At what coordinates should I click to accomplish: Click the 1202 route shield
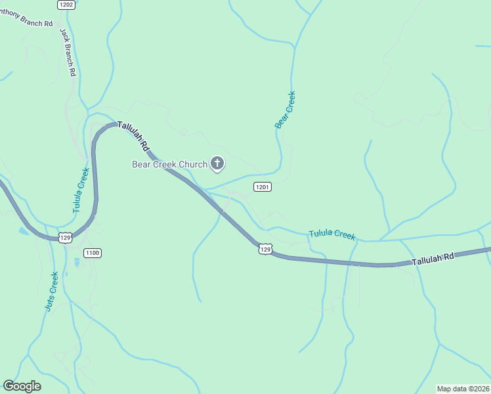point(66,5)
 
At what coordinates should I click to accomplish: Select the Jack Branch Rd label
point(69,52)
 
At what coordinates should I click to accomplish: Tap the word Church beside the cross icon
point(193,164)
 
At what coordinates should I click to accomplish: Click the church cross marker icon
point(217,164)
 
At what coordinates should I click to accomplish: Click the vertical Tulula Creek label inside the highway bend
point(81,190)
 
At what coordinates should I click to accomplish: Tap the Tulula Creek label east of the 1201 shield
point(332,234)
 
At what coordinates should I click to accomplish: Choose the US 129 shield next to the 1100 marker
point(65,237)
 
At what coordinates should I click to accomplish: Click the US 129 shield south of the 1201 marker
point(265,249)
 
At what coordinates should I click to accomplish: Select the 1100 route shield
point(93,253)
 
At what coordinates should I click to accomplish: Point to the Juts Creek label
point(52,292)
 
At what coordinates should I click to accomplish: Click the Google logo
point(22,386)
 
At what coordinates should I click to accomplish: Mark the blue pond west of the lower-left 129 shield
point(24,231)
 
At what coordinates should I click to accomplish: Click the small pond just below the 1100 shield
point(77,263)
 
